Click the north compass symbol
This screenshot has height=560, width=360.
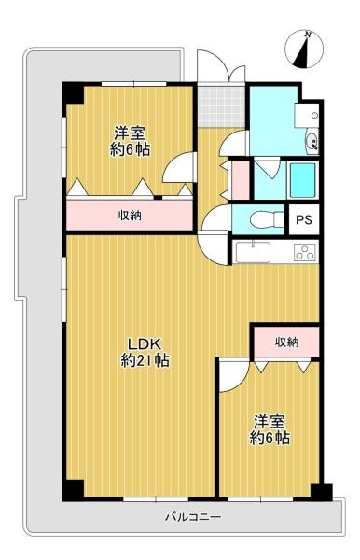(304, 49)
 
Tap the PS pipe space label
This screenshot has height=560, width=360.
(304, 219)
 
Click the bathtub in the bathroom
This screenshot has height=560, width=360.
(302, 180)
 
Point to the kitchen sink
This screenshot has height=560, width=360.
(253, 251)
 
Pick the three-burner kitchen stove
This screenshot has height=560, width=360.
(305, 252)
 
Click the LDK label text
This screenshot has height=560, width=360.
(145, 343)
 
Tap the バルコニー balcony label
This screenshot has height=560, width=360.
(194, 516)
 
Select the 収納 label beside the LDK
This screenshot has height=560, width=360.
(286, 343)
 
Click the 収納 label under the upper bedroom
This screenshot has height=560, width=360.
(130, 216)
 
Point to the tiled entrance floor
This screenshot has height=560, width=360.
(222, 106)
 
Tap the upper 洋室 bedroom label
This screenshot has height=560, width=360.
(129, 133)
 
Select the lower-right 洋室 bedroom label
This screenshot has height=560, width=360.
(270, 422)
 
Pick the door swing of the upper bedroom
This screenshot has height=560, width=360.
(179, 167)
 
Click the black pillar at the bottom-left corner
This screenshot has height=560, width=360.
(73, 490)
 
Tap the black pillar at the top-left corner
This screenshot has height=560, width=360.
(73, 93)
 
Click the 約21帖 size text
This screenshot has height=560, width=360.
(145, 360)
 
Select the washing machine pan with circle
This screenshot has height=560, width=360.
(307, 115)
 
